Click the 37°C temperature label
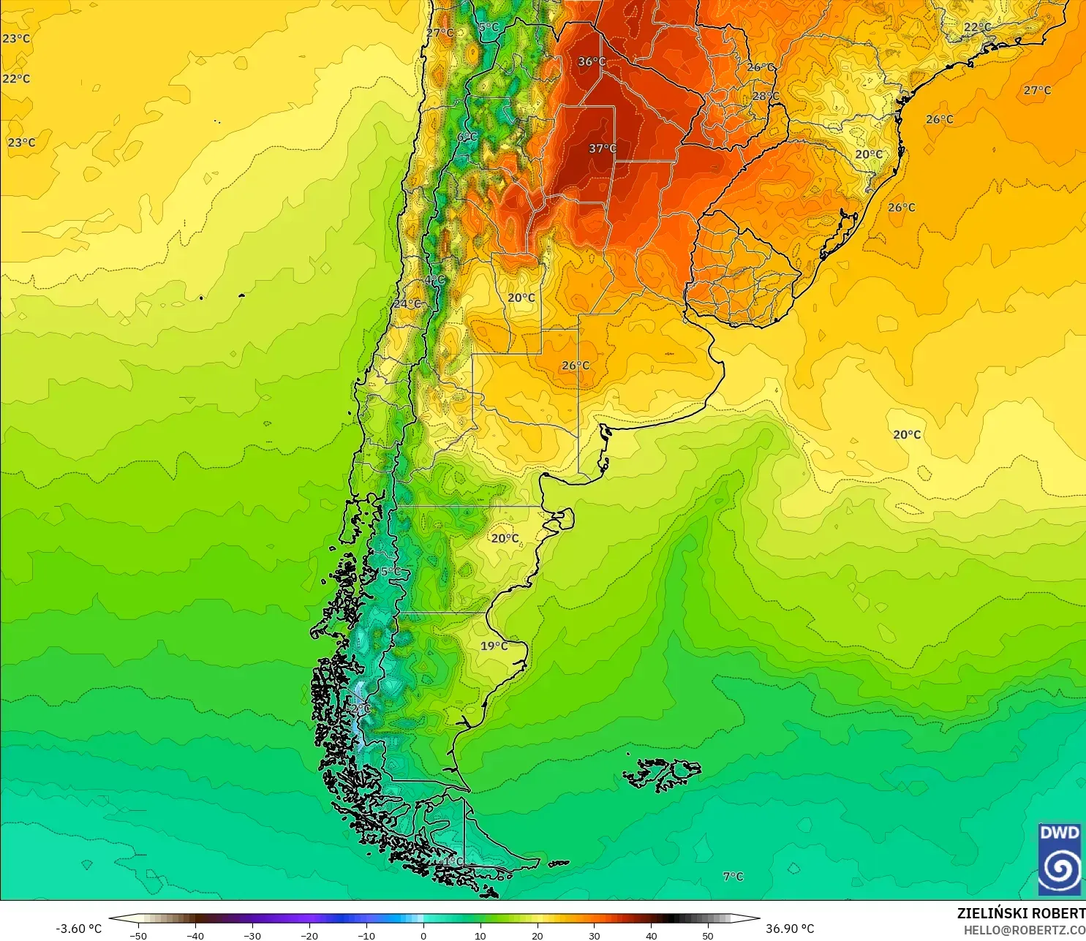pos(603,148)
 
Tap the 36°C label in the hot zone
pos(592,61)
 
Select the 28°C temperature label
pos(766,96)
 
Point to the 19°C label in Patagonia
pos(494,646)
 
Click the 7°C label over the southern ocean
pos(733,876)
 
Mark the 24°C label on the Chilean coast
pos(407,303)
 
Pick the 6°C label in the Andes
pos(467,137)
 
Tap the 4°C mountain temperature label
pos(434,280)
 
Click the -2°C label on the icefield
pos(359,708)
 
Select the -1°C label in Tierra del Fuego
pos(452,861)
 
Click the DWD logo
pos(1059,858)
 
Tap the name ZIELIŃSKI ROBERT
pos(1021,913)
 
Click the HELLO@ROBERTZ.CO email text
pos(1024,930)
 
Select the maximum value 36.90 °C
pos(790,929)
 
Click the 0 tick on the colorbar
pos(423,935)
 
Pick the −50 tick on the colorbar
pos(137,935)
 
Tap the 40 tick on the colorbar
pos(651,935)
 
